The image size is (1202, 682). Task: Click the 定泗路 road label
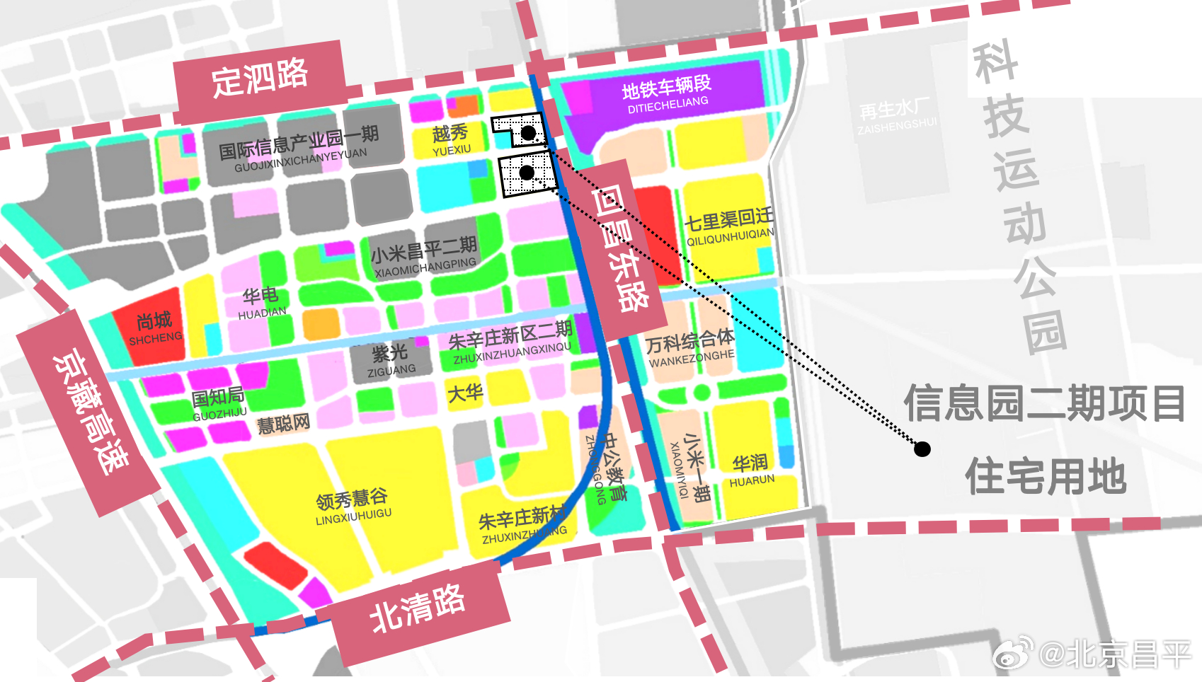(x=260, y=79)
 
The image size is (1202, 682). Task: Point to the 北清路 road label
(x=418, y=608)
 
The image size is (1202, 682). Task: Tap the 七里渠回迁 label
(x=729, y=226)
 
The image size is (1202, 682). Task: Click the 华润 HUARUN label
(x=751, y=470)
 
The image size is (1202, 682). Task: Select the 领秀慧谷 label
(x=352, y=506)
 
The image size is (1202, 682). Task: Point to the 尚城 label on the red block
(x=154, y=328)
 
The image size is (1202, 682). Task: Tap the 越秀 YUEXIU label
(x=451, y=139)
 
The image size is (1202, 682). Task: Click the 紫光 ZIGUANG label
(x=390, y=359)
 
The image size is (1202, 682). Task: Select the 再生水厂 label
(x=895, y=115)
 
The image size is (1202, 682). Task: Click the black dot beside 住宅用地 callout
(x=922, y=449)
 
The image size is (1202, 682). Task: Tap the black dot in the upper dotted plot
(x=528, y=133)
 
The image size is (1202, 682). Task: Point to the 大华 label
(x=465, y=393)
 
